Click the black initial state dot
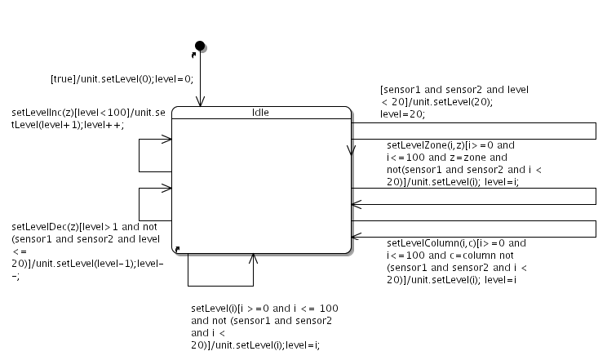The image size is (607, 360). pyautogui.click(x=199, y=44)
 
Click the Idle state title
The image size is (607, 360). pyautogui.click(x=261, y=113)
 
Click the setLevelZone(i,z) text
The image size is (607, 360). pyautogui.click(x=422, y=145)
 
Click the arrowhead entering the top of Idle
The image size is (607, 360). pyautogui.click(x=199, y=102)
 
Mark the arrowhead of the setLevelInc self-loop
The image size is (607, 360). pyautogui.click(x=167, y=140)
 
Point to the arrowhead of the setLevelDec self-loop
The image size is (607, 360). pyautogui.click(x=167, y=189)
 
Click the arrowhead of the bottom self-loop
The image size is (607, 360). pyautogui.click(x=253, y=258)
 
